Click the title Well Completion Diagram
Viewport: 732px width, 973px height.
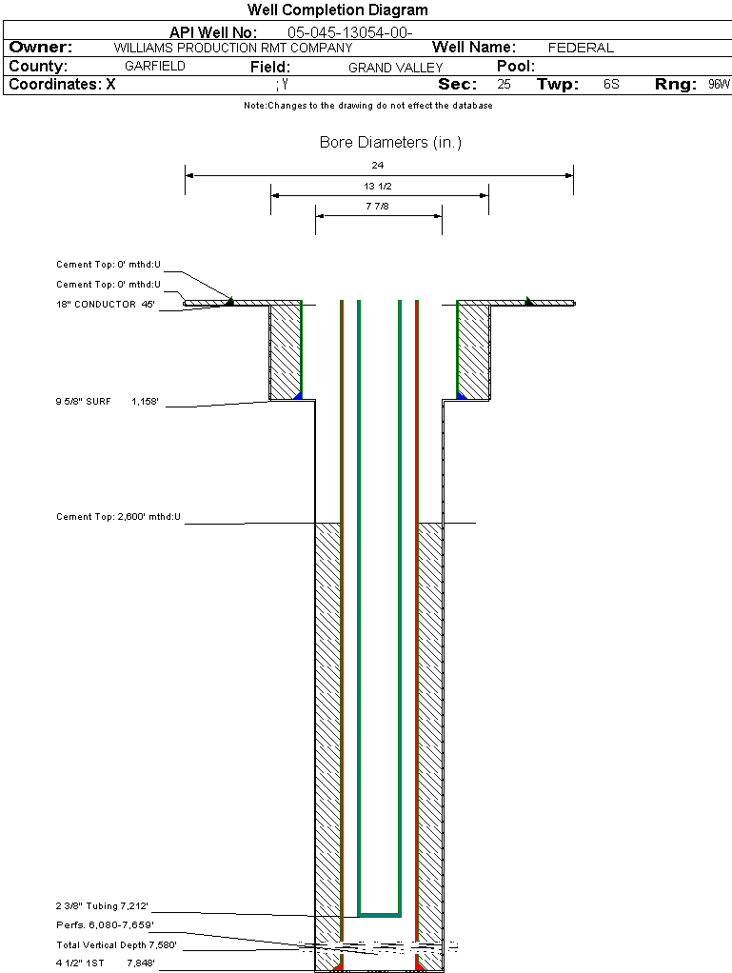337,10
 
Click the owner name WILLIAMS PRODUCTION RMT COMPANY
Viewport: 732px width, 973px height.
232,48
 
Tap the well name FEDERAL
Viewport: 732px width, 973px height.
581,48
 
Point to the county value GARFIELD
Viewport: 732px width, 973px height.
155,67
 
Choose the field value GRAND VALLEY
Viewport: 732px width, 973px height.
395,68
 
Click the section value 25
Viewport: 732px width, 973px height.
504,85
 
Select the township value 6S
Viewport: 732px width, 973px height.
611,85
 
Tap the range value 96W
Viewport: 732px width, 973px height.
719,85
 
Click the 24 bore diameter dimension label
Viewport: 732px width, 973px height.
378,166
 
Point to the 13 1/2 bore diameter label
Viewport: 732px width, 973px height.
378,186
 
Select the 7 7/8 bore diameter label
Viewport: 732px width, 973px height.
378,206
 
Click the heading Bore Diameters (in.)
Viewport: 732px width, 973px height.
390,143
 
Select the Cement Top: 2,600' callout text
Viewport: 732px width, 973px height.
118,517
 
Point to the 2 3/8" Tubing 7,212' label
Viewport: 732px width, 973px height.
102,905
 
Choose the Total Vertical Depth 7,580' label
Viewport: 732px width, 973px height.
116,945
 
